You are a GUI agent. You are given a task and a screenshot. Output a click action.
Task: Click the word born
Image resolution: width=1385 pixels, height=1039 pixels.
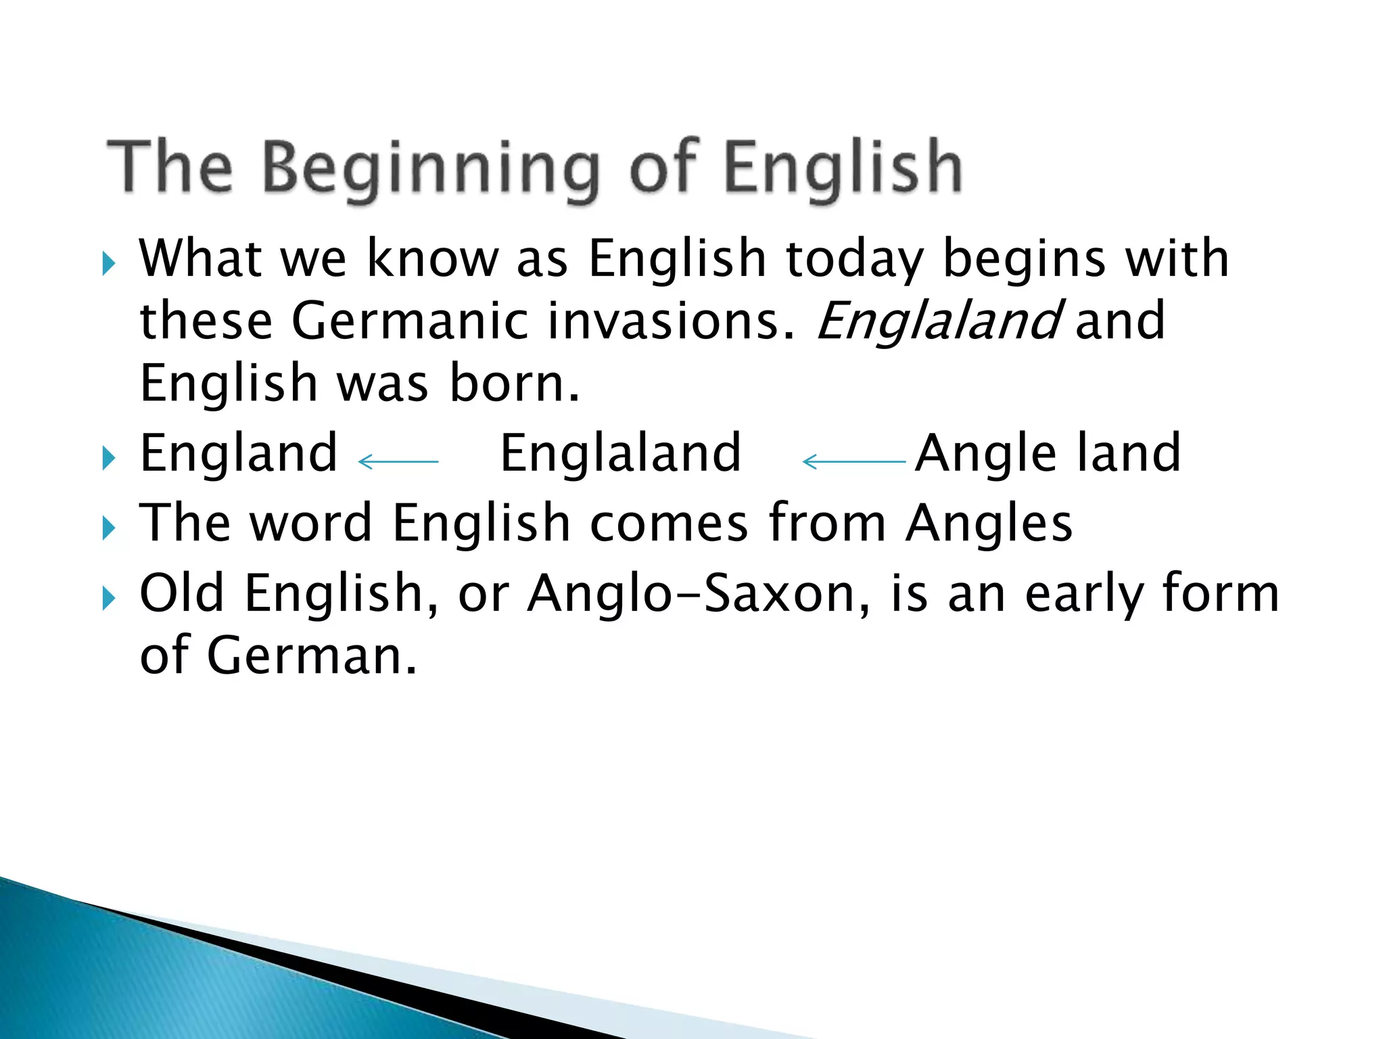coord(514,383)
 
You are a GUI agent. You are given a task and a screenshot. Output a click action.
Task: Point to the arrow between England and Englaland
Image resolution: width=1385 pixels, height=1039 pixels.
coord(398,462)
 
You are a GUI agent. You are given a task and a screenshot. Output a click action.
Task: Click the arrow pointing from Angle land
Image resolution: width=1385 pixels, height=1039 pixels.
coord(853,462)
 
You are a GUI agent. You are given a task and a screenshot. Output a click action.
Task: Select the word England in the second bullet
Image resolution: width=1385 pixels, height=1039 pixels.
coord(239,453)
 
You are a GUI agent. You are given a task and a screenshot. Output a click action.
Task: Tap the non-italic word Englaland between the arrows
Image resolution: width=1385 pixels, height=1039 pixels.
coord(620,453)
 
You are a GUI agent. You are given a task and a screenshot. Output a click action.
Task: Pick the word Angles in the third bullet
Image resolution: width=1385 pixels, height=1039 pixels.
coord(989,523)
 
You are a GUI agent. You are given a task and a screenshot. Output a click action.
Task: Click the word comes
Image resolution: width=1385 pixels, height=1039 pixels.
coord(669,523)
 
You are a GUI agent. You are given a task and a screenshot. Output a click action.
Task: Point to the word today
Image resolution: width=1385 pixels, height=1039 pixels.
coord(855,258)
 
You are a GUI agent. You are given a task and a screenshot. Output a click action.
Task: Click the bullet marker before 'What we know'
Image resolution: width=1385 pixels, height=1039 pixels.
coord(109,263)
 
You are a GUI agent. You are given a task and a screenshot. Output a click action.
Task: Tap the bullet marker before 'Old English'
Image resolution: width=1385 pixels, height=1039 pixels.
coord(109,598)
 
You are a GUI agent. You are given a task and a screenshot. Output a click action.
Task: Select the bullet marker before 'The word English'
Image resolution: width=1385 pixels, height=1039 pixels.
coord(109,528)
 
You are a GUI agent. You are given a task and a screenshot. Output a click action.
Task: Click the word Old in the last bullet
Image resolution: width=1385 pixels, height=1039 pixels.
coord(181,593)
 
